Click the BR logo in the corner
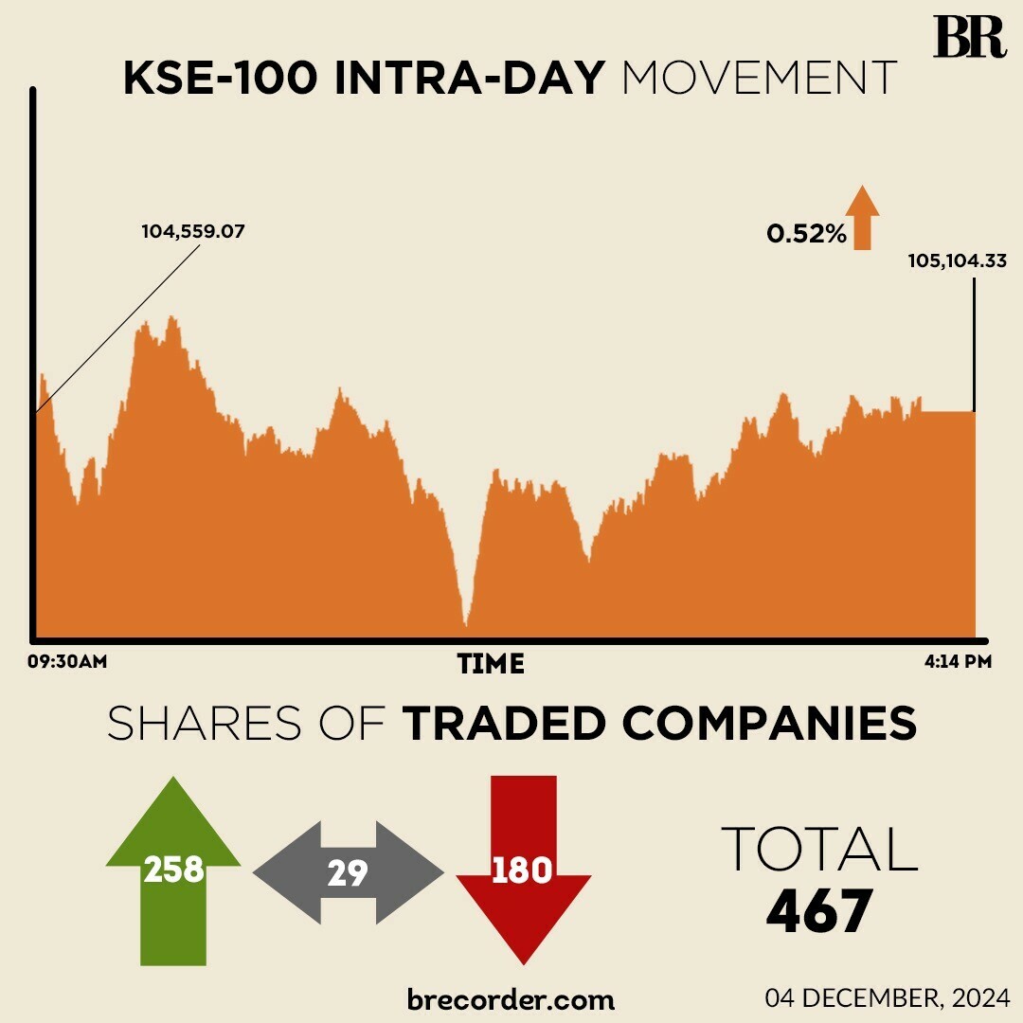(x=969, y=37)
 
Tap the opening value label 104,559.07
(x=193, y=231)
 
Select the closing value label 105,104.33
(x=957, y=260)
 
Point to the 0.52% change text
(x=806, y=233)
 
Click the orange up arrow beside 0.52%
(x=862, y=218)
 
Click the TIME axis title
(x=491, y=664)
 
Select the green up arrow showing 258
(x=173, y=869)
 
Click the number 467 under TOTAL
(x=818, y=912)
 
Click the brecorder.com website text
(x=511, y=999)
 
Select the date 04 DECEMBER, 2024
(x=888, y=997)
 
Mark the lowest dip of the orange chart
(x=465, y=623)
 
